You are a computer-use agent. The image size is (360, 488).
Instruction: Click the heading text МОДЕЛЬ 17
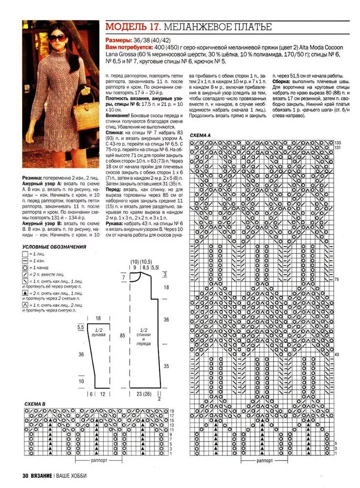pyautogui.click(x=133, y=27)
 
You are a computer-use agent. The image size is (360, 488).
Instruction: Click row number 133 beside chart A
pyautogui.click(x=337, y=142)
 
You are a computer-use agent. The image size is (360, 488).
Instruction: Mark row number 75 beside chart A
pyautogui.click(x=337, y=279)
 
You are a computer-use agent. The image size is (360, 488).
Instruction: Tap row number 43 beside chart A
pyautogui.click(x=337, y=354)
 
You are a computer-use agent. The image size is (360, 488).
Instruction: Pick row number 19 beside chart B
pyautogui.click(x=172, y=411)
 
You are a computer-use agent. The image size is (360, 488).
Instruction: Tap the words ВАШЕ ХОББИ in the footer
pyautogui.click(x=74, y=475)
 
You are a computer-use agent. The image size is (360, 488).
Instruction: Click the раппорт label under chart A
pyautogui.click(x=265, y=461)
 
